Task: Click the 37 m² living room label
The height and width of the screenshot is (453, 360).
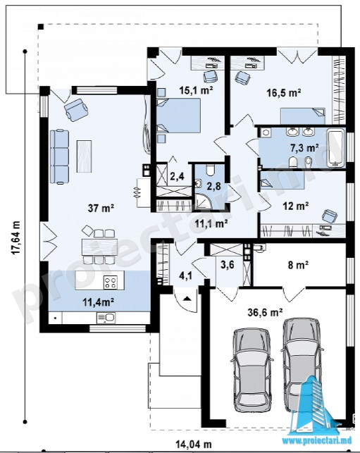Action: (101, 208)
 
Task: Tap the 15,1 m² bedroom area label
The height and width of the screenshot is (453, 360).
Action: (196, 90)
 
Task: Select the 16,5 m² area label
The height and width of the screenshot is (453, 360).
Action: (284, 93)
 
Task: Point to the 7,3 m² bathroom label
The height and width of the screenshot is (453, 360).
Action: (304, 148)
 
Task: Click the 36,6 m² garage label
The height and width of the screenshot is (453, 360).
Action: (265, 312)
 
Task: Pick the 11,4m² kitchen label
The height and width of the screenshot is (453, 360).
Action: (98, 302)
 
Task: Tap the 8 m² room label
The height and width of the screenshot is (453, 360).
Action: (299, 265)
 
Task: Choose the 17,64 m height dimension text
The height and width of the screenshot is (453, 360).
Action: (16, 237)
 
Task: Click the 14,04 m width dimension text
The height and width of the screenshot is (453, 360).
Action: (194, 443)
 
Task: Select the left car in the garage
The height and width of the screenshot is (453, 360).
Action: (252, 370)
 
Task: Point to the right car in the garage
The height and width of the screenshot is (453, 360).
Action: (302, 361)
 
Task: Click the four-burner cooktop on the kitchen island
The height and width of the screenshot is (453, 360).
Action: (111, 283)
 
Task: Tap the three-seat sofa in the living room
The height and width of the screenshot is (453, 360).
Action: (59, 156)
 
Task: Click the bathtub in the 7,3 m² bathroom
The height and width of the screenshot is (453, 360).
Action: (335, 148)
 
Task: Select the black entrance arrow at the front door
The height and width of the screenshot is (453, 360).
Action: (187, 298)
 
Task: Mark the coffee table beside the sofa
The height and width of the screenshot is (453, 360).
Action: (84, 156)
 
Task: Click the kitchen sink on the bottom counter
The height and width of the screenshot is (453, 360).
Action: (106, 318)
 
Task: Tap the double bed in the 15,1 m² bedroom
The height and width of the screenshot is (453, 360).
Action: (179, 116)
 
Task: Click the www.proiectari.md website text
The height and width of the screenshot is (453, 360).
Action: (317, 440)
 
